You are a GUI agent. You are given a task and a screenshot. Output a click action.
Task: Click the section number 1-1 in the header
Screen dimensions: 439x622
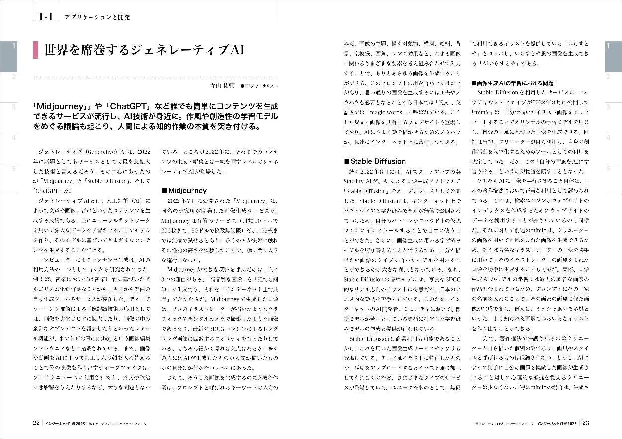click(x=45, y=16)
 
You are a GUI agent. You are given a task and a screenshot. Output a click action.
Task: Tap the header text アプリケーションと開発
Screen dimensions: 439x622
click(x=96, y=17)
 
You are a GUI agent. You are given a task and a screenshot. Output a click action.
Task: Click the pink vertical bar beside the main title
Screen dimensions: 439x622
click(x=35, y=50)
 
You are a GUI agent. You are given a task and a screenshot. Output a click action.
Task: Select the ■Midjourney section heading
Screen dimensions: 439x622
click(x=184, y=190)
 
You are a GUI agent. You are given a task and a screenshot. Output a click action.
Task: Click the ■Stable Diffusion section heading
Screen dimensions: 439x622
click(x=375, y=161)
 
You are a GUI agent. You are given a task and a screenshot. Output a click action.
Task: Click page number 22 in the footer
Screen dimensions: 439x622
click(x=36, y=423)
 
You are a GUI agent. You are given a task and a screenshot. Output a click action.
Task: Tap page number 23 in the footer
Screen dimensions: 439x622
click(x=585, y=423)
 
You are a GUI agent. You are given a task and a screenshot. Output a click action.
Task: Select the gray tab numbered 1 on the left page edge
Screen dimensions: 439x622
click(x=14, y=46)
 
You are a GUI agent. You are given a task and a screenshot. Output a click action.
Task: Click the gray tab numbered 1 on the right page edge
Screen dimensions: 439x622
click(x=608, y=46)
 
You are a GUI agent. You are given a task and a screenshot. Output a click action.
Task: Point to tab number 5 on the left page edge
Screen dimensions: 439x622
click(x=14, y=169)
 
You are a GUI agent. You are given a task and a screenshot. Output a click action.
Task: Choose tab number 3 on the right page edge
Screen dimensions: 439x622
click(x=608, y=107)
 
